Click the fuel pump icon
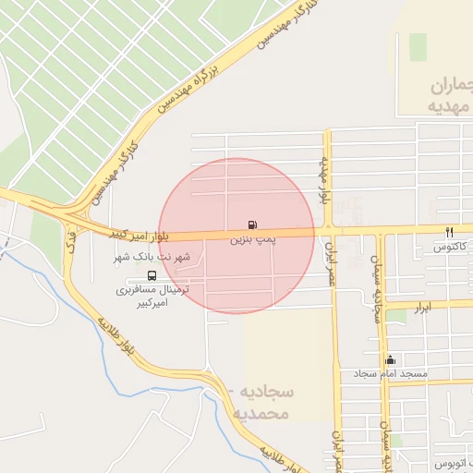point(252,224)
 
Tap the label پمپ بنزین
point(251,239)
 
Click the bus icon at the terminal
point(152,275)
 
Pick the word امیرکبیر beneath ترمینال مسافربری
point(153,302)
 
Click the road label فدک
point(72,242)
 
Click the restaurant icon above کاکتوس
point(450,232)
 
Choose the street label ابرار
point(423,305)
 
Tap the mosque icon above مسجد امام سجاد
point(390,360)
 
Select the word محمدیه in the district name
point(265,413)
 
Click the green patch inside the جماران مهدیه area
point(418,47)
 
